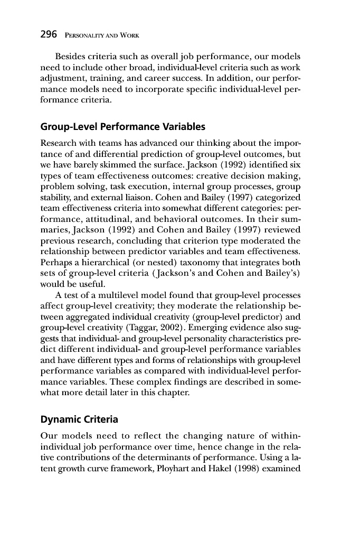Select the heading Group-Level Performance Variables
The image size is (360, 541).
coord(122,127)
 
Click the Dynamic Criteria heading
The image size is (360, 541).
coord(79,420)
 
